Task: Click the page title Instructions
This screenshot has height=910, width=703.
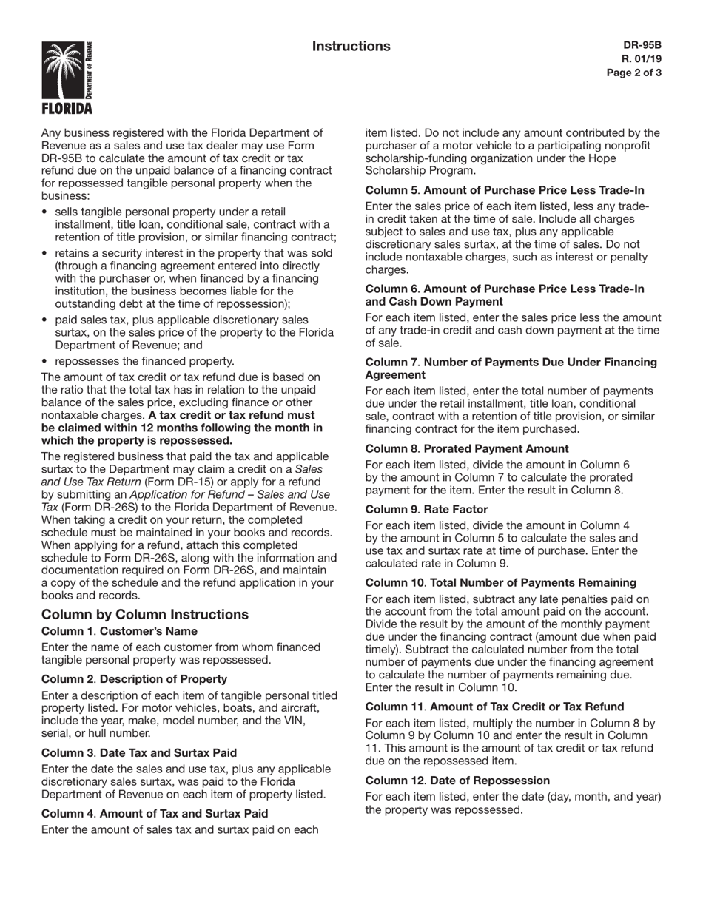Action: (x=351, y=47)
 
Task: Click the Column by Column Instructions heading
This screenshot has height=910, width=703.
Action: (x=145, y=615)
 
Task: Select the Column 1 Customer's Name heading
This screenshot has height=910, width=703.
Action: (x=119, y=631)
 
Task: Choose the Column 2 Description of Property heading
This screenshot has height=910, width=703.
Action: (x=134, y=678)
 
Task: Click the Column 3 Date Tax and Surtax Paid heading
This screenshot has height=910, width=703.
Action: (x=139, y=752)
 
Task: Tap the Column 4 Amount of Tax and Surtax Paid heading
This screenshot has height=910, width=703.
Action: (x=155, y=813)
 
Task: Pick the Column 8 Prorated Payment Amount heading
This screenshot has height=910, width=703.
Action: (x=467, y=448)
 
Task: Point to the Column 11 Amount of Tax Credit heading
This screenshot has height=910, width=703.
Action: (x=494, y=706)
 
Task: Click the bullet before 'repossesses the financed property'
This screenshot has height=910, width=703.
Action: (x=46, y=361)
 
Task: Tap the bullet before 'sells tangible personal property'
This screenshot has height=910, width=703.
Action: (x=46, y=212)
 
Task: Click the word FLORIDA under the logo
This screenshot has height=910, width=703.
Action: (x=67, y=109)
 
